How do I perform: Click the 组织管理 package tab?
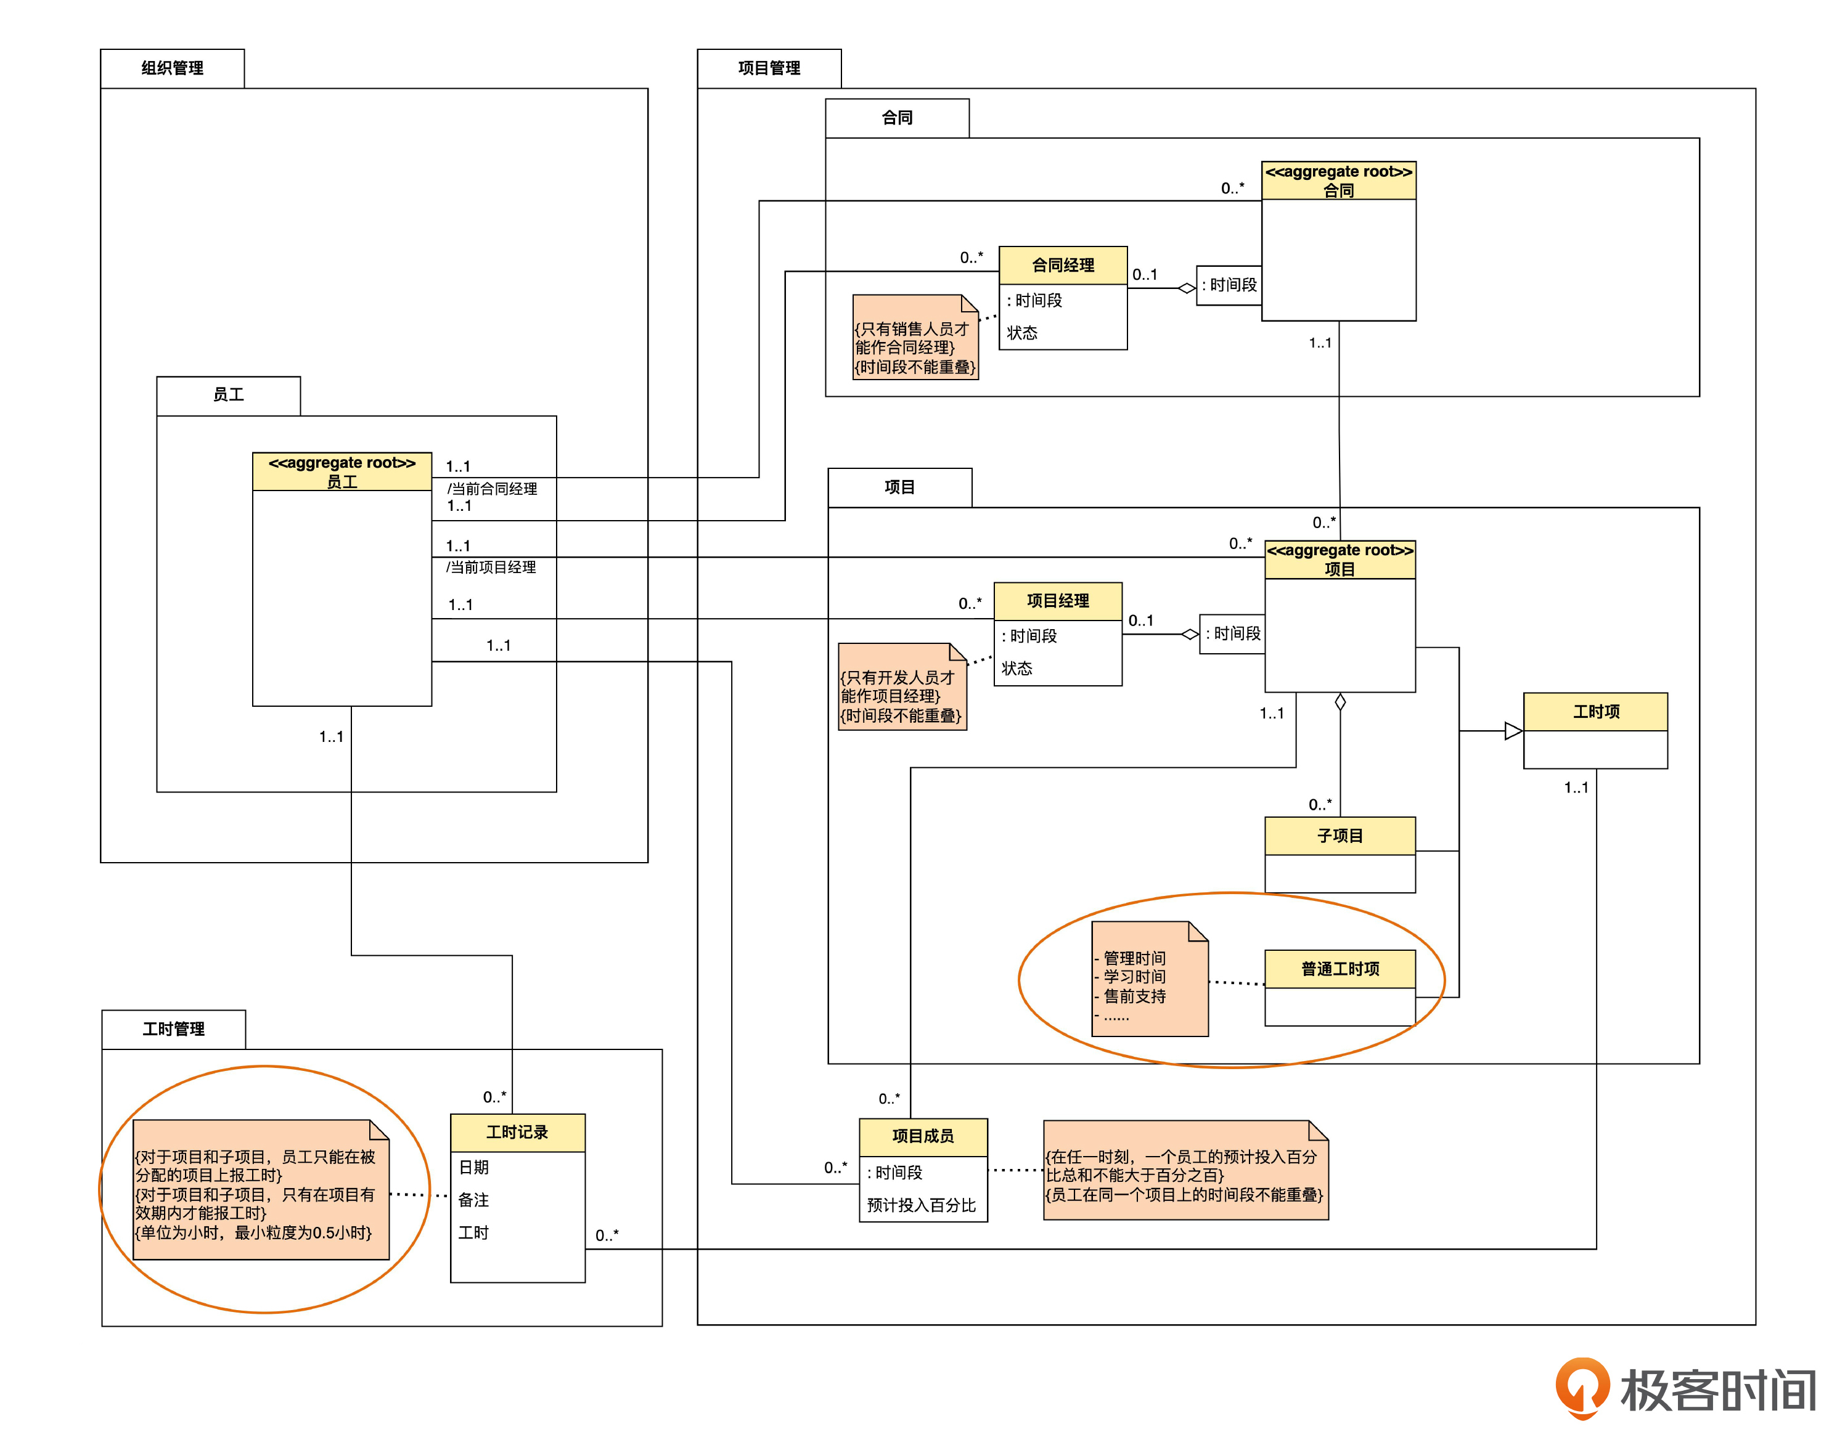(173, 68)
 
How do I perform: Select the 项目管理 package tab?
(769, 68)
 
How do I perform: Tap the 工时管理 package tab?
(173, 1029)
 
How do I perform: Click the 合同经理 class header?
(1063, 265)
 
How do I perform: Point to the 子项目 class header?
(1340, 836)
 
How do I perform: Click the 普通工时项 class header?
(1340, 969)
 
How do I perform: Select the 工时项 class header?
(1595, 712)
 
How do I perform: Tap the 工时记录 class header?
(517, 1132)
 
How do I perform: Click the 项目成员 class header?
(922, 1136)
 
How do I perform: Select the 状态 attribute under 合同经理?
(1022, 333)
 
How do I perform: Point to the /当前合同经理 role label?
(492, 489)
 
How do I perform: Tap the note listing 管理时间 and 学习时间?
(1150, 979)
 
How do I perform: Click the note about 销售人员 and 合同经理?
(915, 338)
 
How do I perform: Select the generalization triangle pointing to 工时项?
(1513, 731)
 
